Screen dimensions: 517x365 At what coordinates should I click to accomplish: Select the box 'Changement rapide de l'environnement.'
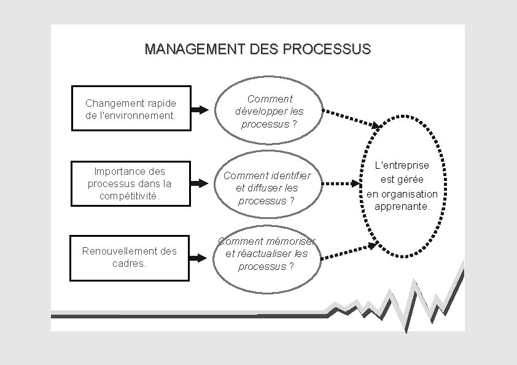(131, 108)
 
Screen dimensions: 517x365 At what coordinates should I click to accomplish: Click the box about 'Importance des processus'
(130, 183)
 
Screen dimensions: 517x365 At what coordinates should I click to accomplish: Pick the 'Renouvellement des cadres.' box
(129, 258)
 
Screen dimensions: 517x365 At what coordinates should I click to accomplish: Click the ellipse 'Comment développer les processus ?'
(268, 111)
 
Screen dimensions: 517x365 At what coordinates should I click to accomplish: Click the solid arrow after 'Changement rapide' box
(200, 110)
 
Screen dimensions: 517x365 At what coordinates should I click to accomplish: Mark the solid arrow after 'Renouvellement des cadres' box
(198, 258)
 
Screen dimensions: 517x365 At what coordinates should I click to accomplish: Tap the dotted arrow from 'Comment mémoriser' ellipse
(349, 252)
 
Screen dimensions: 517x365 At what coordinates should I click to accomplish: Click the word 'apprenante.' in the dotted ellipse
(403, 207)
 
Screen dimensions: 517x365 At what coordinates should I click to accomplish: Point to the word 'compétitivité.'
(130, 196)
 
